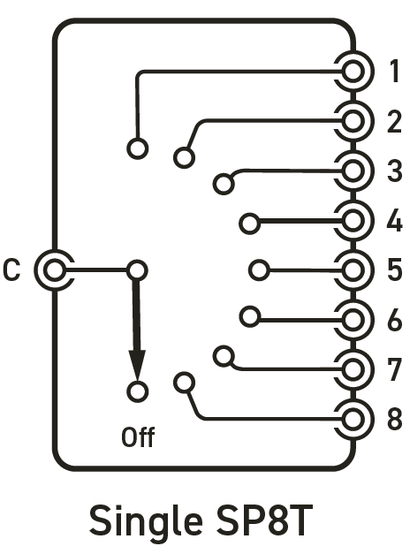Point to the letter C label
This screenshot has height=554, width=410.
click(11, 270)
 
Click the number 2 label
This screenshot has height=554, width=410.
click(394, 122)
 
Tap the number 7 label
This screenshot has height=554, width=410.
click(394, 369)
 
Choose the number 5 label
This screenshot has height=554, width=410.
click(395, 269)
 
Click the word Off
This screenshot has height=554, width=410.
click(138, 437)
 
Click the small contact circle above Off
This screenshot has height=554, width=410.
click(138, 391)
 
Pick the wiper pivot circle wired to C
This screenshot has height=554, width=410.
click(138, 270)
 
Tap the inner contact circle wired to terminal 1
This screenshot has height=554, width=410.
click(138, 148)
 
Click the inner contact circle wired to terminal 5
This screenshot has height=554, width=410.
click(260, 270)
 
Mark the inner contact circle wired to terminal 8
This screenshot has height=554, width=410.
click(184, 383)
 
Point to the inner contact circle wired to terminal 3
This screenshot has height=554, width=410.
click(224, 184)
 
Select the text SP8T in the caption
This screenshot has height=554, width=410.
click(264, 520)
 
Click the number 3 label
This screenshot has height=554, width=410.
click(395, 171)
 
